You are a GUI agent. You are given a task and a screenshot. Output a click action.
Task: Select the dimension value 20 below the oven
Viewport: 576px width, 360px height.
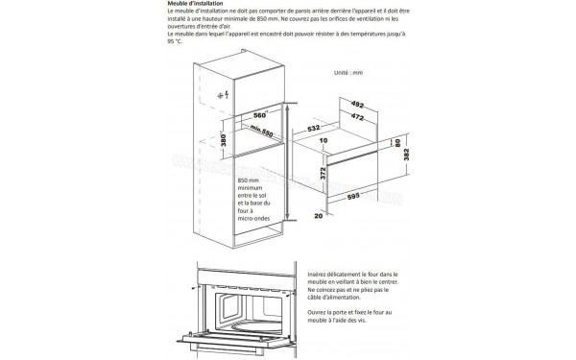pyautogui.click(x=316, y=216)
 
